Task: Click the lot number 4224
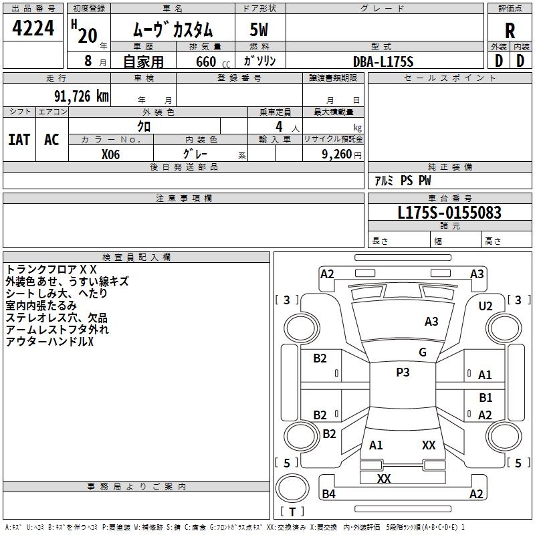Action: tap(33, 29)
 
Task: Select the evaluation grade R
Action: tap(510, 31)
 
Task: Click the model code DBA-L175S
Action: tap(384, 62)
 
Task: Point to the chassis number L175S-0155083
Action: tap(449, 213)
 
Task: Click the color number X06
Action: tap(111, 153)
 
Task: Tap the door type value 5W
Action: tap(259, 31)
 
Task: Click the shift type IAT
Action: tap(19, 139)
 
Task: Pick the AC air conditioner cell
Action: tap(51, 139)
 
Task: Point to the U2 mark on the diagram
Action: tap(486, 306)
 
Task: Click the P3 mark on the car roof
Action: tap(403, 372)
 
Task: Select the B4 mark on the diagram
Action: tap(328, 494)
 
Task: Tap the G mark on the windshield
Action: tap(423, 352)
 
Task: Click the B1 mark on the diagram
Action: tap(486, 397)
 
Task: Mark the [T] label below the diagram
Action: tap(292, 512)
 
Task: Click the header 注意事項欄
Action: tap(184, 199)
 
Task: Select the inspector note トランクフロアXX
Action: tap(51, 269)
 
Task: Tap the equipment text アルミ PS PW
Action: tap(403, 181)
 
